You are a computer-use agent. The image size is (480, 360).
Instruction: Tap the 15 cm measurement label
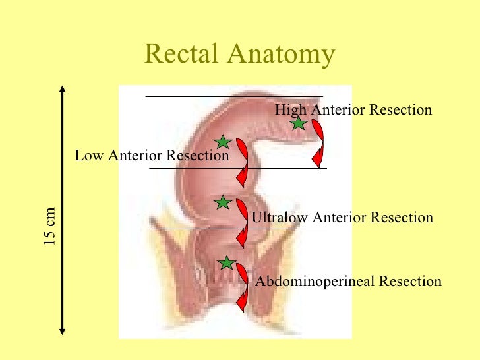point(50,227)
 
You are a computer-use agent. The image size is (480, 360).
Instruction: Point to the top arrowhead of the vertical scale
point(61,89)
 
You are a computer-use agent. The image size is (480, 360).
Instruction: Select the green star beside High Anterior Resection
point(299,123)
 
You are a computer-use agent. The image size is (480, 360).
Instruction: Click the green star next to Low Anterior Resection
point(223,142)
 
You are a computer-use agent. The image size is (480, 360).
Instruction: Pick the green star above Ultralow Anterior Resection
point(223,202)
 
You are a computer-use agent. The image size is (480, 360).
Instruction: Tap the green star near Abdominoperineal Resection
point(227,263)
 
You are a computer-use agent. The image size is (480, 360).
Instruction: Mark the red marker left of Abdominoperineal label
point(243,285)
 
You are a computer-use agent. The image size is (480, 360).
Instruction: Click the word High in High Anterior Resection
point(287,110)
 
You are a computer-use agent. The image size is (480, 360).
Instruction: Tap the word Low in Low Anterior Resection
point(90,156)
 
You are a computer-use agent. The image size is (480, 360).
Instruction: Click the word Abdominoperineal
point(310,282)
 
